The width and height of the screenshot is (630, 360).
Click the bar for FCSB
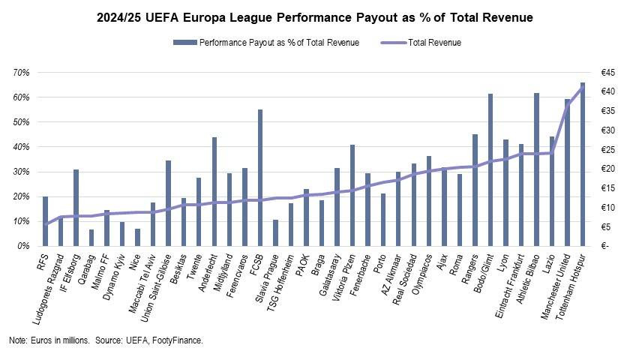[x=260, y=178]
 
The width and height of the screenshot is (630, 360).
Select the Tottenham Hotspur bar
[x=583, y=164]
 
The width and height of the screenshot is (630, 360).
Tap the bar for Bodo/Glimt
[x=490, y=170]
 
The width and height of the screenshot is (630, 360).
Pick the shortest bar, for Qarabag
[x=91, y=238]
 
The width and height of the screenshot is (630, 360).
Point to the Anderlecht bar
[x=214, y=192]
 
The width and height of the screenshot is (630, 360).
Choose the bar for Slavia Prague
[x=276, y=232]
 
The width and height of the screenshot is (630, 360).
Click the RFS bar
[x=46, y=221]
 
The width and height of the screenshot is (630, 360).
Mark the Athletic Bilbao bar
[x=536, y=169]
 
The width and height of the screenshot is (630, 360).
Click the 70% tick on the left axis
[x=21, y=73]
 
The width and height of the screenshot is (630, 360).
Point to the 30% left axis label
[x=21, y=172]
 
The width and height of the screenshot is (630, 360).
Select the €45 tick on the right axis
[x=607, y=73]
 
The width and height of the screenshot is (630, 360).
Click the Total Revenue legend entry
[x=421, y=43]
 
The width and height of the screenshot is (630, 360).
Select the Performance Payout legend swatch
[x=184, y=43]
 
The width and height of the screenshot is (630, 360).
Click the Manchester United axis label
[x=556, y=286]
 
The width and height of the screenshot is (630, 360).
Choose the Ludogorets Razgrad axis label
[x=47, y=289]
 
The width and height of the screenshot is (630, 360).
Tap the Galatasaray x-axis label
[x=330, y=274]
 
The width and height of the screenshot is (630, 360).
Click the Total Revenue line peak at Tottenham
[x=583, y=87]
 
